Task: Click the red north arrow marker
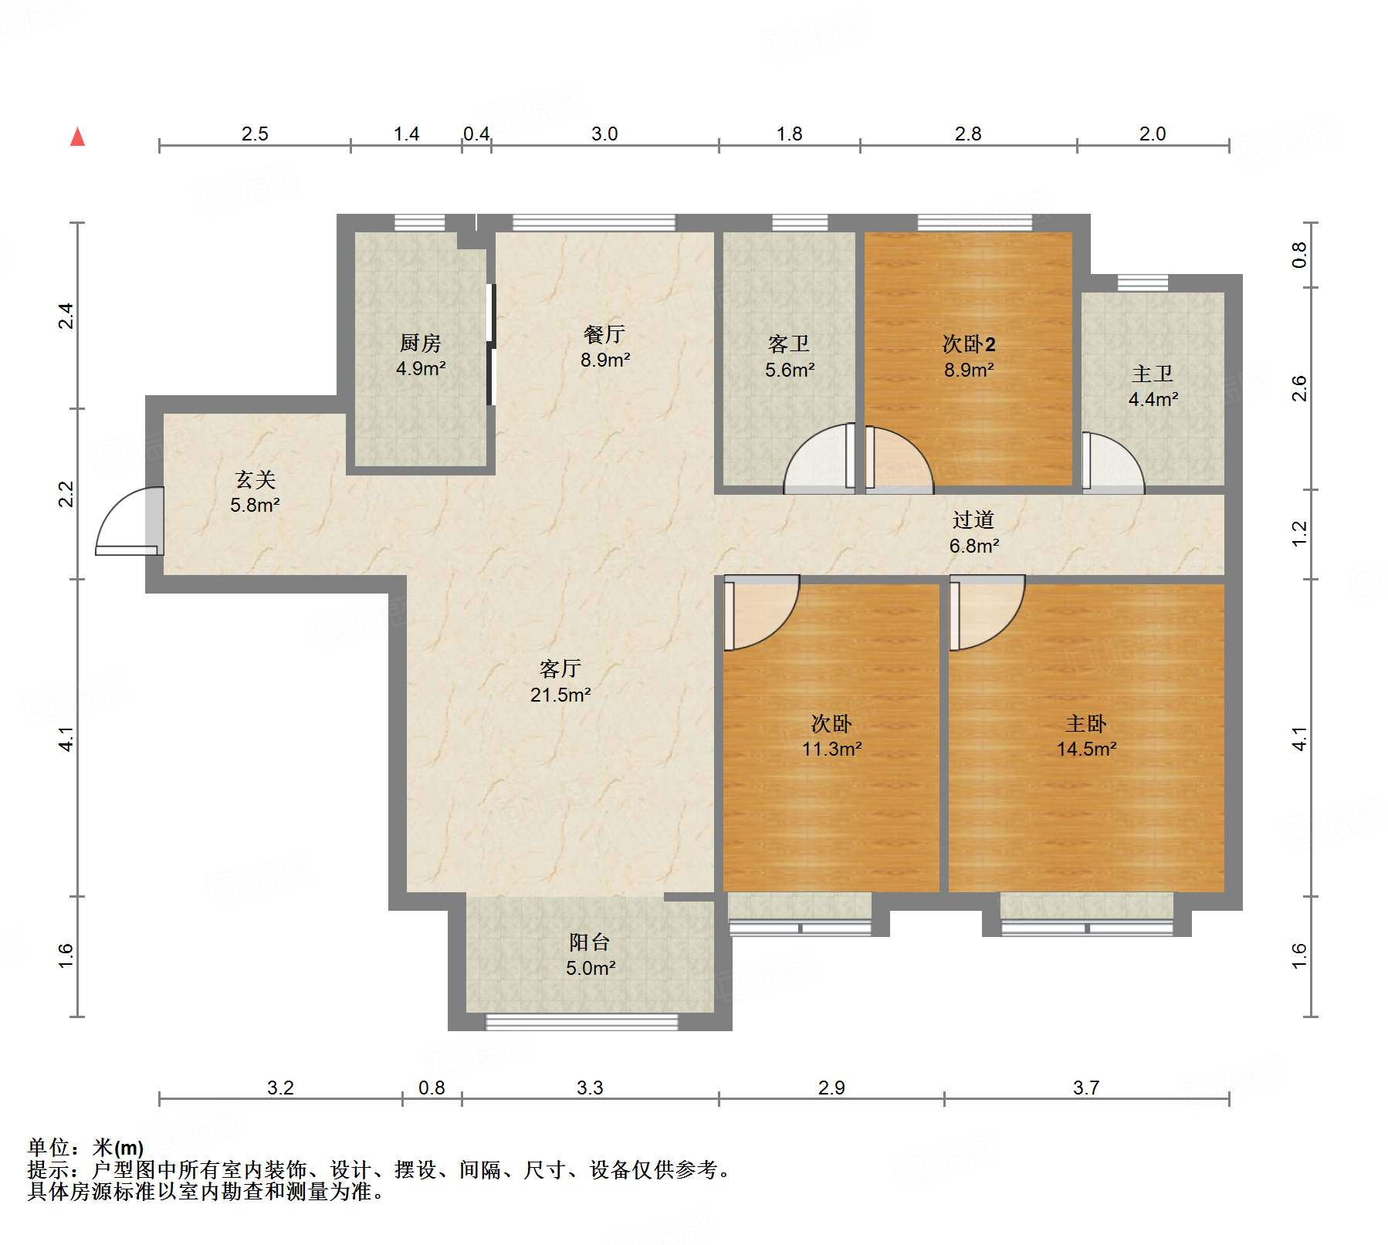(x=77, y=137)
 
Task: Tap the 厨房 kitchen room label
(x=420, y=342)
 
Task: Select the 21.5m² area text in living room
(x=560, y=695)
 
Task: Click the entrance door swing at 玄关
(x=124, y=521)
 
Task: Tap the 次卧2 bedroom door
(x=898, y=460)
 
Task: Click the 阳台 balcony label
(x=589, y=942)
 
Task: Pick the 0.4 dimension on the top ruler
(x=476, y=134)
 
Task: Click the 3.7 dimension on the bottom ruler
(x=1085, y=1088)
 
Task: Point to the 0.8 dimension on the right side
(x=1299, y=255)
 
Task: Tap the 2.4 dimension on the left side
(x=66, y=316)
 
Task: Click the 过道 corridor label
(x=973, y=520)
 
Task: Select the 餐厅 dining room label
(x=604, y=334)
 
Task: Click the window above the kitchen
(x=419, y=223)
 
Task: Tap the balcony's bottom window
(x=581, y=1022)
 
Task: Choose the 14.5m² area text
(x=1086, y=749)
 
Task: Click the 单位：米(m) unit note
(x=85, y=1148)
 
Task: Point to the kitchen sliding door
(x=490, y=344)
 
